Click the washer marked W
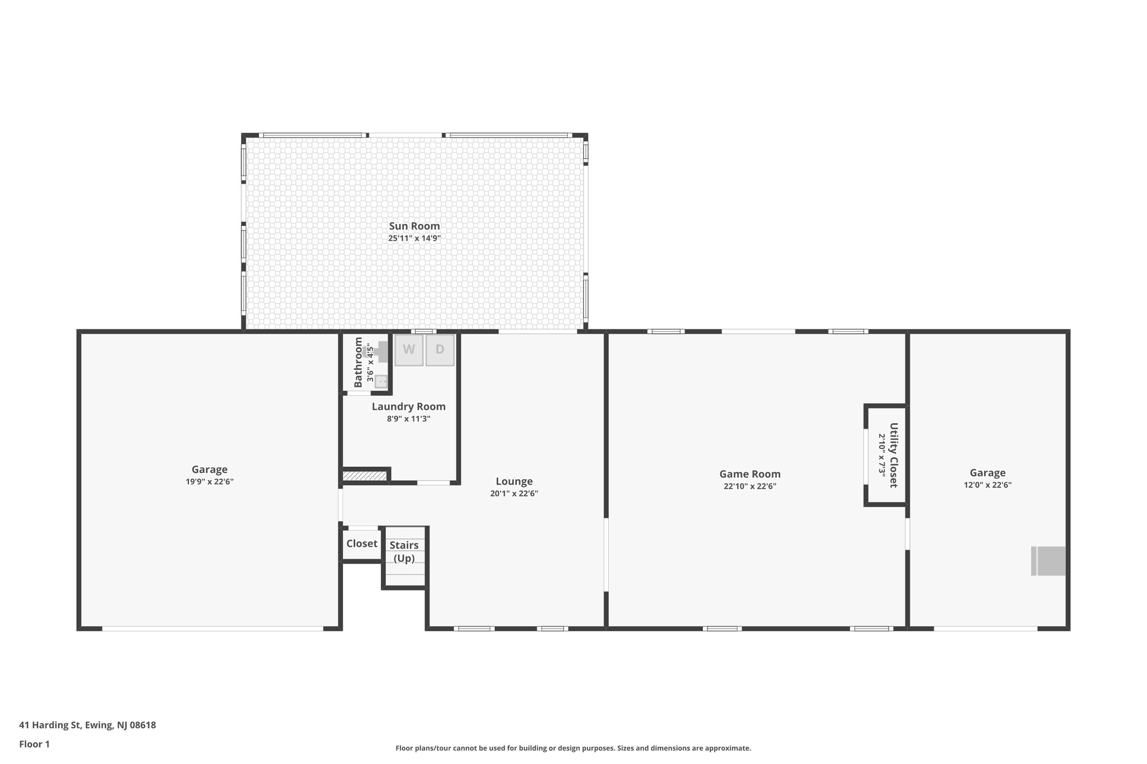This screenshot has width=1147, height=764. pos(408,350)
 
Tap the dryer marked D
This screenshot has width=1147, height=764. pos(440,350)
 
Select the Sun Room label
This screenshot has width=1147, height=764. pos(414,226)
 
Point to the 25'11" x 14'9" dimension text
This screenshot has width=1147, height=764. pos(414,238)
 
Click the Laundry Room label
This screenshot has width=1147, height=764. pos(408,407)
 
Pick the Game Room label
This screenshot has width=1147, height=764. pos(749,474)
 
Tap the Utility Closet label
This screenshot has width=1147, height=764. pos(893,455)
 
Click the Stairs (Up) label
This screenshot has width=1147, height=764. pos(404,551)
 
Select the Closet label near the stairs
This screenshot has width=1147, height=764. pos(362,543)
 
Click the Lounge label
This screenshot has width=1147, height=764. pos(514,481)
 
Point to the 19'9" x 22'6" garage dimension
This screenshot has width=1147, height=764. pos(209,482)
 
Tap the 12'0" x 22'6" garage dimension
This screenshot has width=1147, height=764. pos(987,485)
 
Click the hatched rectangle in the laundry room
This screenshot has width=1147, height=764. pos(365,476)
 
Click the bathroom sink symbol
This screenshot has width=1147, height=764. pos(381,382)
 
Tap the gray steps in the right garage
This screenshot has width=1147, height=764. pos(1048,561)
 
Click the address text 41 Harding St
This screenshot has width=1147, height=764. pos(87,725)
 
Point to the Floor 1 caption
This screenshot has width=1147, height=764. pos(34,744)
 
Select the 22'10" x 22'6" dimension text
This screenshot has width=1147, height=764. pos(749,486)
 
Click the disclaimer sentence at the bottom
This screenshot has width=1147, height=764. pos(573,748)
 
